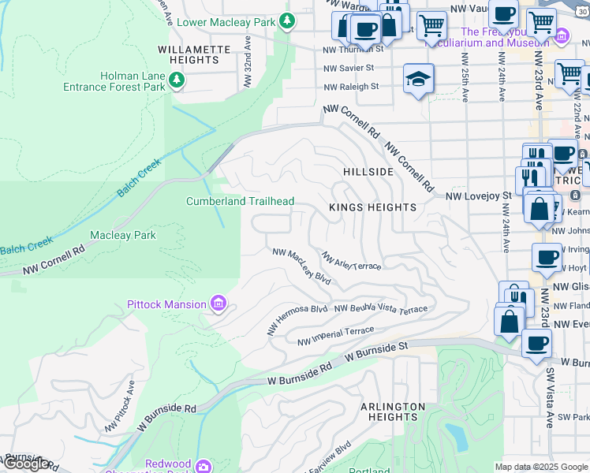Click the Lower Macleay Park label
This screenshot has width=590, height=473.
[x=226, y=22]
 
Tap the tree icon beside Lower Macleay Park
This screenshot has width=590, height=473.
[x=289, y=21]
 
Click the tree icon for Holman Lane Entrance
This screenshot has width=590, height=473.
[x=178, y=80]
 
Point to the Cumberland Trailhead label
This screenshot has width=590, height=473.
[x=240, y=201]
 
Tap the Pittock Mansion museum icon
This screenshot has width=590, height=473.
[x=218, y=304]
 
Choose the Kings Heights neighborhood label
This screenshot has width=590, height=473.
[x=372, y=207]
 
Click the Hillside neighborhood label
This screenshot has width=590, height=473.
[x=368, y=172]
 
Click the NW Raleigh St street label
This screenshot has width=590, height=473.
[x=351, y=87]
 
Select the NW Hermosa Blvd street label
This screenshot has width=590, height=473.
[x=297, y=318]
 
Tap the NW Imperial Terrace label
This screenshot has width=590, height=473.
[x=335, y=336]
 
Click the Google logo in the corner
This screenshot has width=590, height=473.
[x=26, y=464]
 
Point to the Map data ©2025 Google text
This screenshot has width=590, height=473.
[x=541, y=467]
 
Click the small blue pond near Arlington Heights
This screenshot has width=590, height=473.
[x=455, y=435]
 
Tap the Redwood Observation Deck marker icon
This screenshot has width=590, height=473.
[x=204, y=467]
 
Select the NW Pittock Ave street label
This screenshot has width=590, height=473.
[x=120, y=406]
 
